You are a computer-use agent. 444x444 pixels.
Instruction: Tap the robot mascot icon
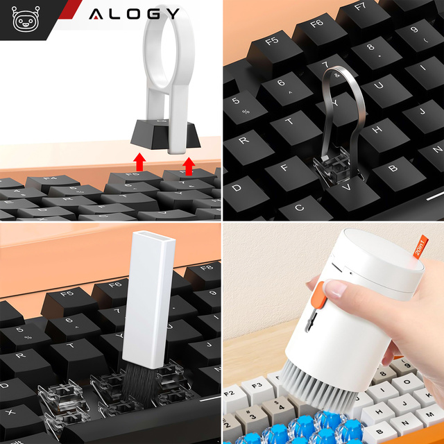click(x=26, y=20)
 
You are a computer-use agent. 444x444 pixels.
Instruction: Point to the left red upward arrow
click(x=140, y=164)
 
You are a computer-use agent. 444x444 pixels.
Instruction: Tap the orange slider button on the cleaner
click(x=315, y=298)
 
